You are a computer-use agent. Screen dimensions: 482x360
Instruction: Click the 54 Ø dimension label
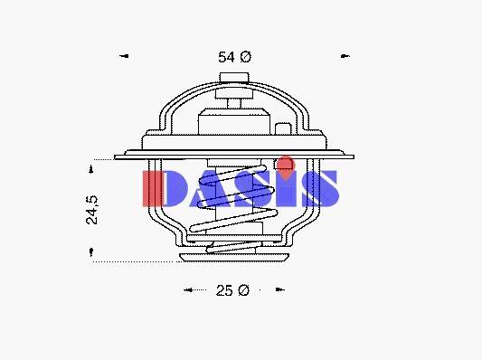(234, 57)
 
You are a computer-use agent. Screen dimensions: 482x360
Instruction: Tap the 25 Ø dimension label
(232, 290)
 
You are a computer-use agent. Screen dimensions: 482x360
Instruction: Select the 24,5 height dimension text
(91, 210)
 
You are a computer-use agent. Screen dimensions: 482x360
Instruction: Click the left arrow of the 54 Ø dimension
(124, 56)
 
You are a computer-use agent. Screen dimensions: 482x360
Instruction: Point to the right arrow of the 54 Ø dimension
(345, 56)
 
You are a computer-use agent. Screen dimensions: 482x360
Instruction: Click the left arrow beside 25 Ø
(188, 289)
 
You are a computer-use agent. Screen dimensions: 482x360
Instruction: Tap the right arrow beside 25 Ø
(279, 289)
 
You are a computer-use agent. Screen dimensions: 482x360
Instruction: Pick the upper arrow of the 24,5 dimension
(91, 169)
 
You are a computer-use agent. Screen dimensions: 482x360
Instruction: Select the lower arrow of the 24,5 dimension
(91, 252)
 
